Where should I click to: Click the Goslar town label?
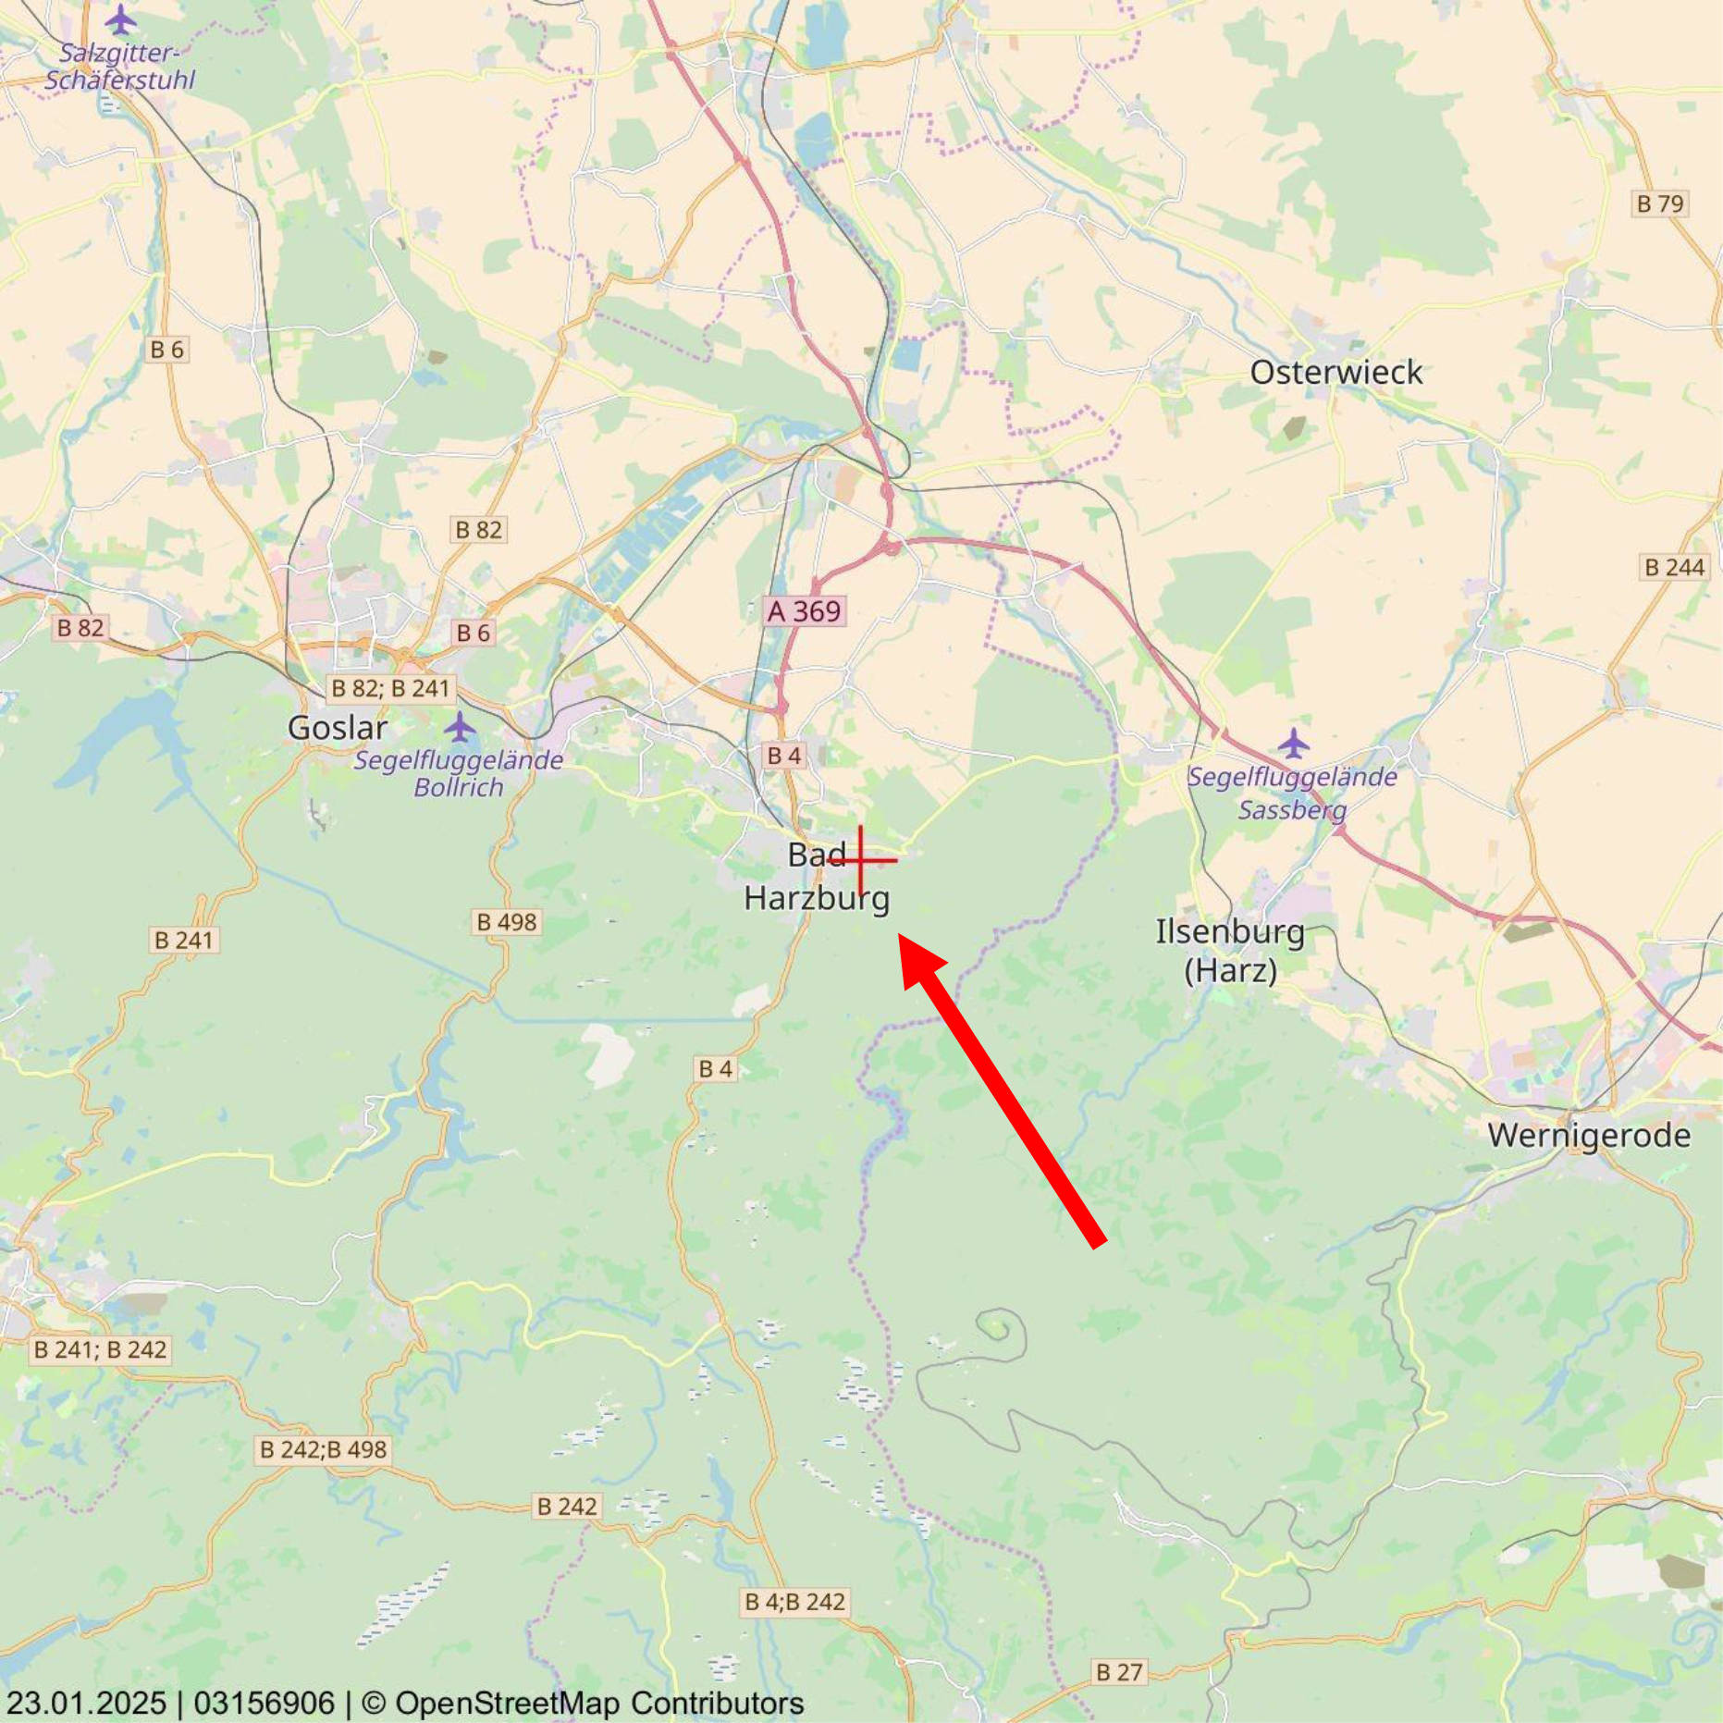click(337, 728)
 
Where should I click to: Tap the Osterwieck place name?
click(1335, 373)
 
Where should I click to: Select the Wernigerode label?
click(1588, 1135)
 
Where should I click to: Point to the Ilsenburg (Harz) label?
click(1230, 951)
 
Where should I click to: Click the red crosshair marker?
click(861, 860)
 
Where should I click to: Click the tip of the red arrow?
click(901, 936)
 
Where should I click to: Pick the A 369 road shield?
click(804, 611)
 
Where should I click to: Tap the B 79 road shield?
click(1660, 203)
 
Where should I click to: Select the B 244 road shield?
click(1674, 567)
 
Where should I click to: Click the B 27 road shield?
click(1119, 1672)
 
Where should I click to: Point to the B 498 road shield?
click(506, 922)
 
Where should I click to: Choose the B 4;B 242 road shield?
click(795, 1602)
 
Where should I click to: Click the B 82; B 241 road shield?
click(390, 688)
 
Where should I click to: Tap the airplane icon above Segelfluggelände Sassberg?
click(1293, 742)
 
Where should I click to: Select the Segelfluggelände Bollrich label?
click(459, 774)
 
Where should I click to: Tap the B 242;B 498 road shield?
click(323, 1449)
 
